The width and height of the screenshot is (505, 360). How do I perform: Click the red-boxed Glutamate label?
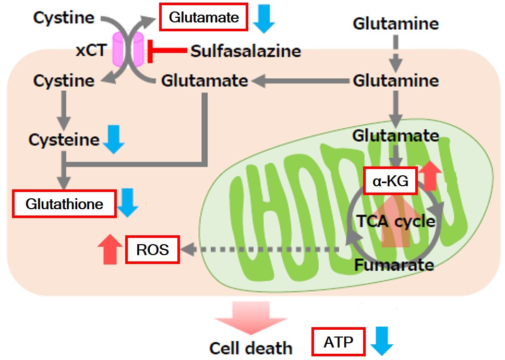click(x=203, y=17)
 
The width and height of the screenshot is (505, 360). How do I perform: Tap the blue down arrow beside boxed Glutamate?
click(x=264, y=18)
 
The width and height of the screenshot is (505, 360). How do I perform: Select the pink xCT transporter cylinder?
click(x=128, y=50)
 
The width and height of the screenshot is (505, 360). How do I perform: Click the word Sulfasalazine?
click(x=246, y=51)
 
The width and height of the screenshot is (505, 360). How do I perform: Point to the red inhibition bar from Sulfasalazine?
click(x=167, y=51)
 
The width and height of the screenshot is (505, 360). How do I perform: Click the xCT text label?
click(x=91, y=50)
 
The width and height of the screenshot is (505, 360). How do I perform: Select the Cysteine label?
click(x=64, y=140)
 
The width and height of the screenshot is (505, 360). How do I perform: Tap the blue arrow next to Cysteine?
click(x=114, y=139)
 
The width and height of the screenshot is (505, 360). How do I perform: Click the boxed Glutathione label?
click(x=64, y=204)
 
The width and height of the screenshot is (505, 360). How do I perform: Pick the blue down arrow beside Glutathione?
click(x=127, y=203)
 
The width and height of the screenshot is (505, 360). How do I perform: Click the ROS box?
click(x=152, y=249)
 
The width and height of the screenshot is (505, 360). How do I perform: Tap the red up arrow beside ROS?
click(x=110, y=249)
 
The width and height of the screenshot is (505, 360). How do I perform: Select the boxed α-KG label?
click(x=390, y=181)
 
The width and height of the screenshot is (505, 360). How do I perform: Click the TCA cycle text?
click(x=396, y=221)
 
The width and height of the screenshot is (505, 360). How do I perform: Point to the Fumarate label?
click(x=394, y=265)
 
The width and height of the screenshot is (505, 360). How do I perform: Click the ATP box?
click(x=338, y=342)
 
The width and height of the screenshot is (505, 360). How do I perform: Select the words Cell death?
click(x=250, y=348)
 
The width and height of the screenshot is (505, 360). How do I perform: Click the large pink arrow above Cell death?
click(x=251, y=318)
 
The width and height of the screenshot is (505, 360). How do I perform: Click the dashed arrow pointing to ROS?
click(x=260, y=249)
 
